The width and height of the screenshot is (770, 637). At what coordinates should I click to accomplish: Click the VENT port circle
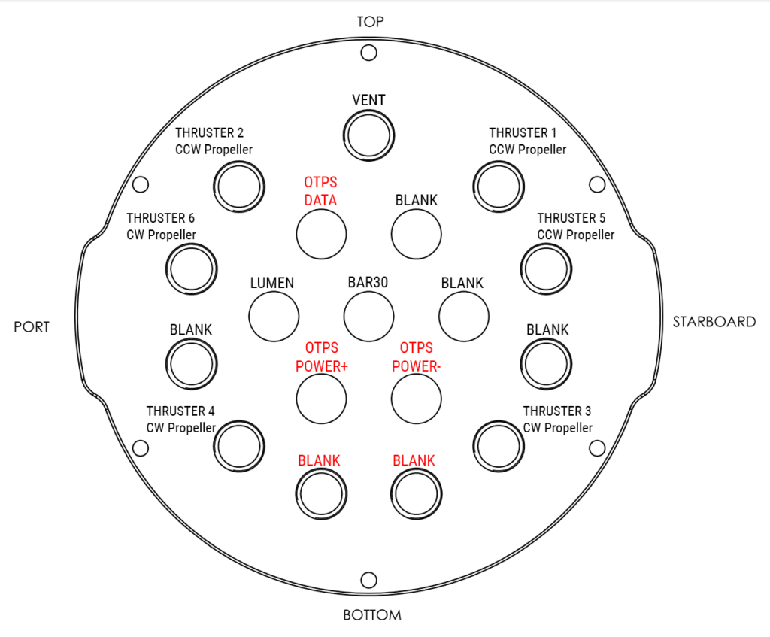pos(369,135)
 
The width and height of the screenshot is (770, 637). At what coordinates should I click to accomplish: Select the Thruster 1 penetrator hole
pos(498,184)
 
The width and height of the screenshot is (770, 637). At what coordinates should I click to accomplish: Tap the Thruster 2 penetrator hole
pos(238,184)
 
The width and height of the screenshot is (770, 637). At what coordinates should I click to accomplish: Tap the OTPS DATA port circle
pos(321,233)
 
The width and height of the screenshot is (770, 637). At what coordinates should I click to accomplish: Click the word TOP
pos(370,22)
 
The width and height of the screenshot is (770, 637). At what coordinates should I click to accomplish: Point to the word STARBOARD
pos(714,322)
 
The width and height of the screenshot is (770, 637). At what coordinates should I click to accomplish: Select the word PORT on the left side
pos(32,326)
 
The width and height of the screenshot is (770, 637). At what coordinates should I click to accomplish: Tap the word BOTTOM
pos(372,615)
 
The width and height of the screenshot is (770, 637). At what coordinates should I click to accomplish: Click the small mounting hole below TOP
pos(369,52)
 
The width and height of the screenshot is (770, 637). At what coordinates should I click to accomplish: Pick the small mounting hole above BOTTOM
pos(369,580)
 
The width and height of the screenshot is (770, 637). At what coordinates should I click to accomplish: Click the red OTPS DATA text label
pos(320,192)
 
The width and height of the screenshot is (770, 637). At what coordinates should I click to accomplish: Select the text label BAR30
pos(368,283)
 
